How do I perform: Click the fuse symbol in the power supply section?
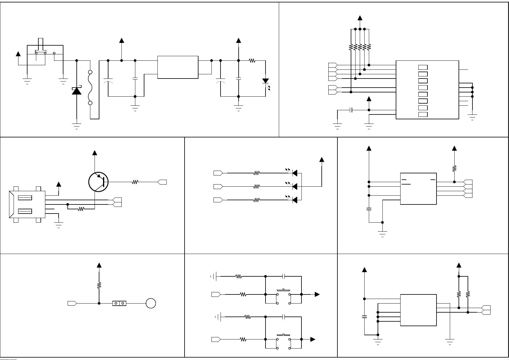[90, 88]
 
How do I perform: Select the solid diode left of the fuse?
[76, 91]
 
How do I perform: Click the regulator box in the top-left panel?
[178, 67]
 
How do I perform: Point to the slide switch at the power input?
[41, 53]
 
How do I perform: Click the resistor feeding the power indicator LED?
[252, 61]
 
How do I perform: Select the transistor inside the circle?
[98, 182]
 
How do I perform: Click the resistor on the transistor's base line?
[135, 182]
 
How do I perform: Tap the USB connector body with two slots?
[27, 204]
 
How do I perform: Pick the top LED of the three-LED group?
[295, 173]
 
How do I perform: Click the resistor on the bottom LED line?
[256, 200]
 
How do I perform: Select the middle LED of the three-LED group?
[295, 186]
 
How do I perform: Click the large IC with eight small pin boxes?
[427, 90]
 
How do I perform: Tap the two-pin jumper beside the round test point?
[119, 303]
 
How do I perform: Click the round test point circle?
[151, 303]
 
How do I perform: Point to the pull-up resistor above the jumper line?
[99, 285]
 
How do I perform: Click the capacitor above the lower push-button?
[283, 317]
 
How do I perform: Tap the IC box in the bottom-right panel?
[418, 310]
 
